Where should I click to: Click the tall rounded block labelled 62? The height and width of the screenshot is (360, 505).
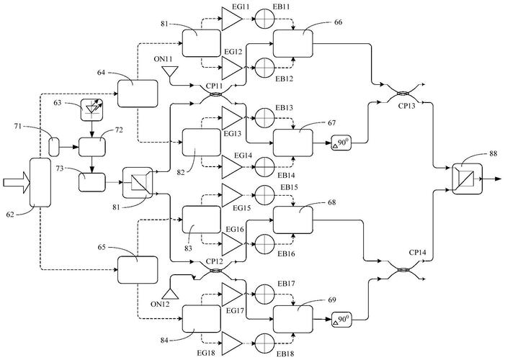coord(40,182)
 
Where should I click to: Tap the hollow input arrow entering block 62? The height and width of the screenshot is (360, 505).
coord(17,183)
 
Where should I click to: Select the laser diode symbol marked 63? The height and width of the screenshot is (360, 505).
coord(91,110)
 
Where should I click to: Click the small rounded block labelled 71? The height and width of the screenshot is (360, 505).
coord(54,147)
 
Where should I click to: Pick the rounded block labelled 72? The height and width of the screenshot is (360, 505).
coord(92,147)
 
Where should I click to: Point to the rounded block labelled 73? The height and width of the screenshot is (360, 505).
coord(92,183)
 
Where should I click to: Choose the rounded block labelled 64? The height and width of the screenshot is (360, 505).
coord(138,94)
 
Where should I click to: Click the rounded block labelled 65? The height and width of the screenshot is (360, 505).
coord(138,270)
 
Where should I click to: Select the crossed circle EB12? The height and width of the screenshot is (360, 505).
coord(264,68)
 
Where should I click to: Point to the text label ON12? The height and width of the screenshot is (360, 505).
coord(160,304)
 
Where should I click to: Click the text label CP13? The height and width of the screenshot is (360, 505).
coord(407,106)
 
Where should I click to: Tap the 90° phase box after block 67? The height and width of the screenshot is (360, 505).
coord(341,143)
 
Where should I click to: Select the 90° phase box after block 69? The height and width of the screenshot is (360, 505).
coord(341,320)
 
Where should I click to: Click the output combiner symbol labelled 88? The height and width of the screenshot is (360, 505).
coord(468,179)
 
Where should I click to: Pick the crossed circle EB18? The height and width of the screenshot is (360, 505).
coord(264,343)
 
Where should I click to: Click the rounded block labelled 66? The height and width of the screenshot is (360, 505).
coord(292,44)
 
